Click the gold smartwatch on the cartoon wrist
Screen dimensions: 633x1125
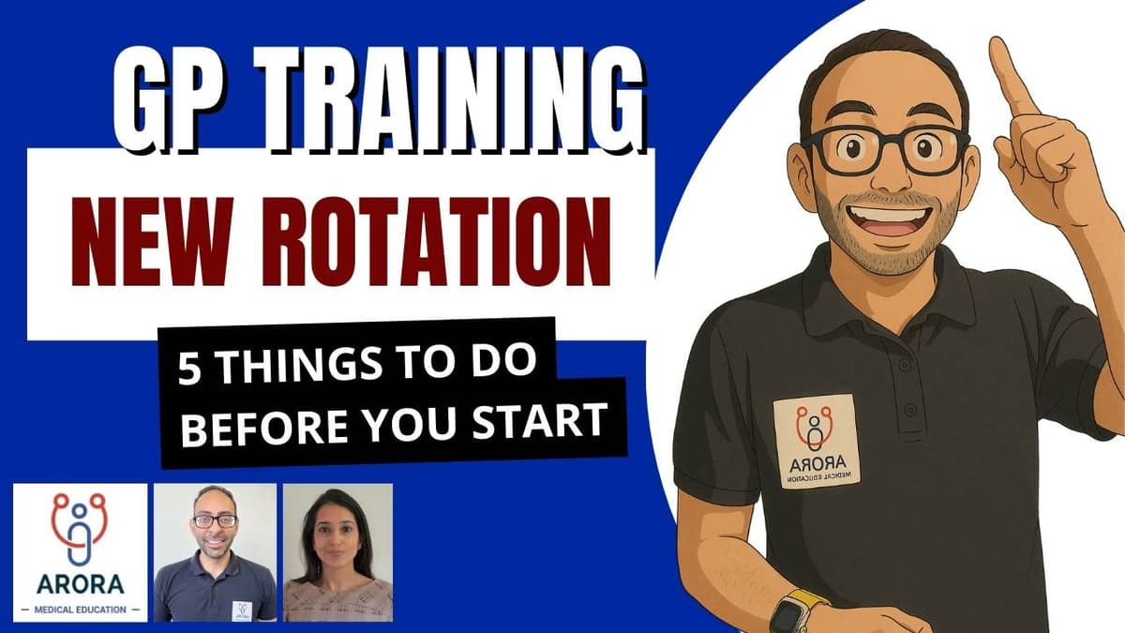point(797,610)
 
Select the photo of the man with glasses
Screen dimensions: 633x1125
point(215,552)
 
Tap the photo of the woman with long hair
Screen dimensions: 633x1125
point(337,552)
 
